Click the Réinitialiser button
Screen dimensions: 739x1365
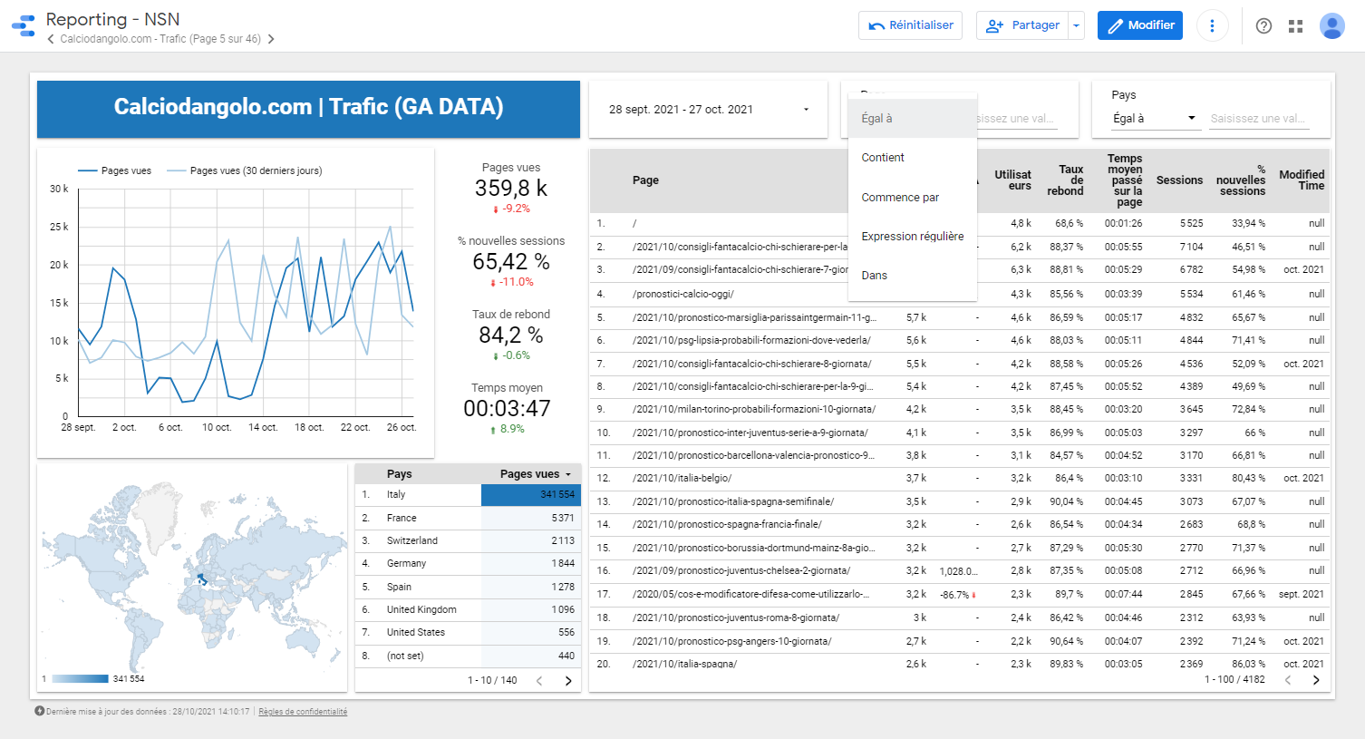(911, 25)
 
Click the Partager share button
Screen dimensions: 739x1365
(1023, 25)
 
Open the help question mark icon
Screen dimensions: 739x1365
(1263, 26)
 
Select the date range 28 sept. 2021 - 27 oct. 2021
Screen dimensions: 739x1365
(708, 110)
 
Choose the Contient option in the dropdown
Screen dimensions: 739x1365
(883, 158)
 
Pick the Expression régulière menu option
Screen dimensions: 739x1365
(912, 237)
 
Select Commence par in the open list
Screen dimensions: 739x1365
(900, 198)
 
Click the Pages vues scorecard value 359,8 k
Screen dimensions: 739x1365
(511, 189)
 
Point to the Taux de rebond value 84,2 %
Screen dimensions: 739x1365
(511, 335)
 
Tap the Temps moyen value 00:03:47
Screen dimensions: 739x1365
(507, 409)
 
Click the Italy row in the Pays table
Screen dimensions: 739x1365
(396, 495)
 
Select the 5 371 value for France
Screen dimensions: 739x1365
(562, 519)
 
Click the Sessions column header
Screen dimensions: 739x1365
(1179, 180)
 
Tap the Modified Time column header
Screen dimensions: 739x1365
(1302, 180)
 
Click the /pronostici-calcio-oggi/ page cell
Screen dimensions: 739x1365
(683, 294)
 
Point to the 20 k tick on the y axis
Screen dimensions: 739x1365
(58, 265)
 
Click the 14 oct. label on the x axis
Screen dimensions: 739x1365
(263, 427)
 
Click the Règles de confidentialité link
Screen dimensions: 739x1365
(303, 712)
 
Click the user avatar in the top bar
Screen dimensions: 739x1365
(1331, 26)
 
